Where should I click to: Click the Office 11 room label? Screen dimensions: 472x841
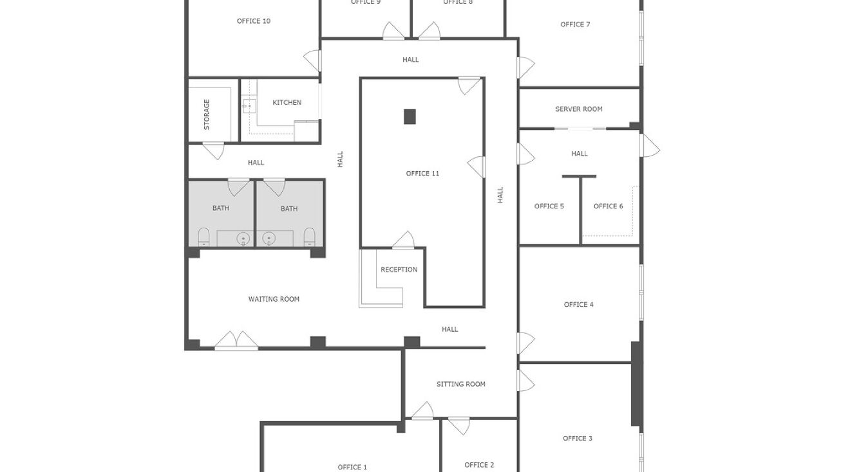(422, 174)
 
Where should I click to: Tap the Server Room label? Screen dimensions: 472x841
(578, 109)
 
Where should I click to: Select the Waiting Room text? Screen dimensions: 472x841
(274, 299)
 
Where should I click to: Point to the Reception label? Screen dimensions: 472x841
(399, 269)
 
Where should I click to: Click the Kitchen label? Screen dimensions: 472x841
(287, 103)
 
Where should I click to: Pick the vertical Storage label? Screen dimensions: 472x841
(207, 114)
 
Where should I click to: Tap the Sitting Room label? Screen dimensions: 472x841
(460, 385)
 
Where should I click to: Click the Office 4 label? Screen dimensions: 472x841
(578, 305)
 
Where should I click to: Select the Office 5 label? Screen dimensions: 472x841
(549, 206)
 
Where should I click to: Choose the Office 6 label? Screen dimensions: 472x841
(608, 206)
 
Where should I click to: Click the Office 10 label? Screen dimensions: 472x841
(253, 21)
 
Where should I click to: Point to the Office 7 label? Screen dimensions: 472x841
(575, 24)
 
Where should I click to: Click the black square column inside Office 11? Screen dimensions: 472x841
(410, 116)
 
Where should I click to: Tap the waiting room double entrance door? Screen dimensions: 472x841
(236, 341)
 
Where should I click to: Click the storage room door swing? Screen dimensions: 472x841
(213, 151)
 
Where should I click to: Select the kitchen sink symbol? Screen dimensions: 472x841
(249, 105)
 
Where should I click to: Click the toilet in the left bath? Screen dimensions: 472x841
(203, 237)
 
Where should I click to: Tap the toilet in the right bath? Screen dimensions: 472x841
(309, 237)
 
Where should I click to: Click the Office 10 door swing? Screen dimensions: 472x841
(312, 61)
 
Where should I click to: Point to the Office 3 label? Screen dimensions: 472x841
(577, 439)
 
